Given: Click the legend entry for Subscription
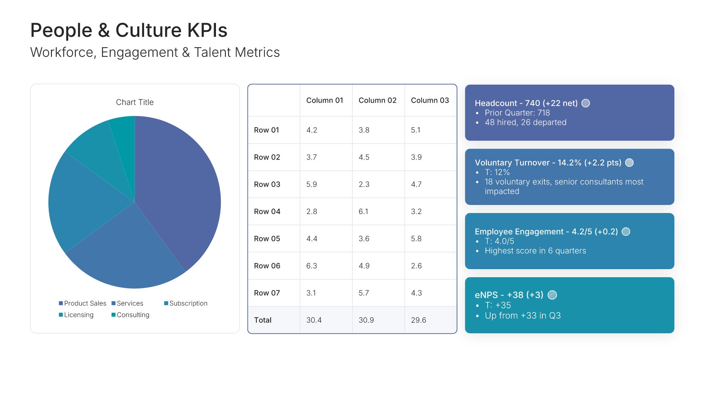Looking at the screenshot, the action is tap(186, 303).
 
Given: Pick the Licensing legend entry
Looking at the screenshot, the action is tap(76, 315).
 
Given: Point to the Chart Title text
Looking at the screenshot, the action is tap(135, 102).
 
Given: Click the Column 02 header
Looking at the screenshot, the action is tap(377, 100).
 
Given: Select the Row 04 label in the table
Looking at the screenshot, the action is tap(267, 212).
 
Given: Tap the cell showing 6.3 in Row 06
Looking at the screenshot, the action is tap(312, 266).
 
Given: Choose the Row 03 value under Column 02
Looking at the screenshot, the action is tap(364, 184).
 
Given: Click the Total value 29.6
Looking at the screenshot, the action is tap(418, 320).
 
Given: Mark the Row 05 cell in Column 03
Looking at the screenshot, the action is tap(416, 239).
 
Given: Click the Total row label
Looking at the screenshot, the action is tap(263, 320).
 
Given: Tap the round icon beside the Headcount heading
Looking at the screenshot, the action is tap(586, 103).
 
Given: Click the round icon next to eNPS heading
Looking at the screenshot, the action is tap(552, 295).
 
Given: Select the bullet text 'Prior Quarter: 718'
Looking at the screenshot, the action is tap(517, 113).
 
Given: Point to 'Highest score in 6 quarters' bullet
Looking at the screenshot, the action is tap(535, 251).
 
